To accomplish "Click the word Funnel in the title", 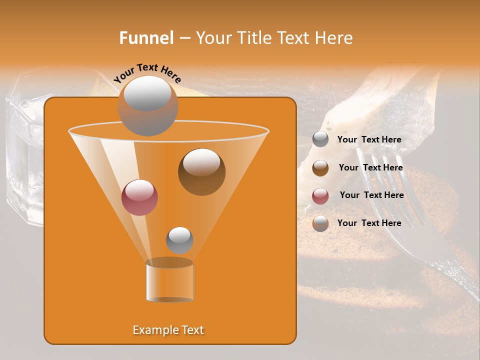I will coord(146,38).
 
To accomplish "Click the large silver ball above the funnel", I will coord(148,105).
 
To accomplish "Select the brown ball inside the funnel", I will coord(201,171).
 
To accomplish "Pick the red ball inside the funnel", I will coord(139,197).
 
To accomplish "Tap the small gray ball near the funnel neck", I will coord(179,240).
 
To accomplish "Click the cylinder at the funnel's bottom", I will coord(169,281).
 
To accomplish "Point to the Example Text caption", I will coord(168,330).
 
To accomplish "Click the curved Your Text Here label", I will coord(147,73).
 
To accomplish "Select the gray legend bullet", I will coord(320,139).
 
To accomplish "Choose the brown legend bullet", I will coord(320,168).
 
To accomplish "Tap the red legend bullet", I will coord(320,196).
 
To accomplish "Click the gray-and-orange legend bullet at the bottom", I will coord(320,223).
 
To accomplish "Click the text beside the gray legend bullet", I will coord(369,139).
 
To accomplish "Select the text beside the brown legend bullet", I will coord(370,167).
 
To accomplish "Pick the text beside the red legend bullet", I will coord(371,195).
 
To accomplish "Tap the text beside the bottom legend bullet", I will coord(369,223).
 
